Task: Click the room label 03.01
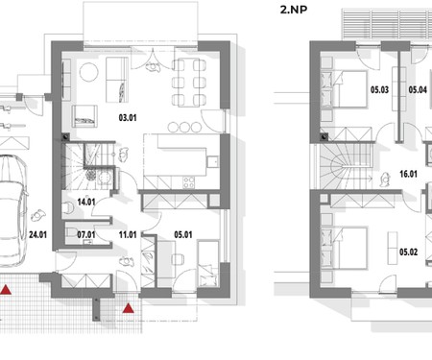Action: click(x=128, y=118)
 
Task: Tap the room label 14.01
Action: click(x=86, y=202)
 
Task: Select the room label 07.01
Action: click(x=86, y=235)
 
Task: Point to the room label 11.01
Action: click(x=128, y=235)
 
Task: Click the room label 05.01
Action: click(x=183, y=235)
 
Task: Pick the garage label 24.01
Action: click(x=37, y=235)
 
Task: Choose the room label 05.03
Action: click(x=379, y=89)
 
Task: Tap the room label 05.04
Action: click(x=418, y=89)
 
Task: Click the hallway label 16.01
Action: click(x=408, y=174)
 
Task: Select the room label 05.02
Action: click(x=408, y=252)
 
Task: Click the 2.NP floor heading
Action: click(x=294, y=10)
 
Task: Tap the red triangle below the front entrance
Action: click(x=129, y=308)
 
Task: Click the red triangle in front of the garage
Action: click(x=6, y=290)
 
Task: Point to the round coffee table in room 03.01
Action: click(x=88, y=72)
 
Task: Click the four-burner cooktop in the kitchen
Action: click(x=189, y=182)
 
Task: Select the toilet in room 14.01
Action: click(x=67, y=208)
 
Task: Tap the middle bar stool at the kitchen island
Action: click(x=184, y=127)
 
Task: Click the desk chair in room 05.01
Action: click(x=178, y=259)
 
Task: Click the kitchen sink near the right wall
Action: click(x=212, y=161)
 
